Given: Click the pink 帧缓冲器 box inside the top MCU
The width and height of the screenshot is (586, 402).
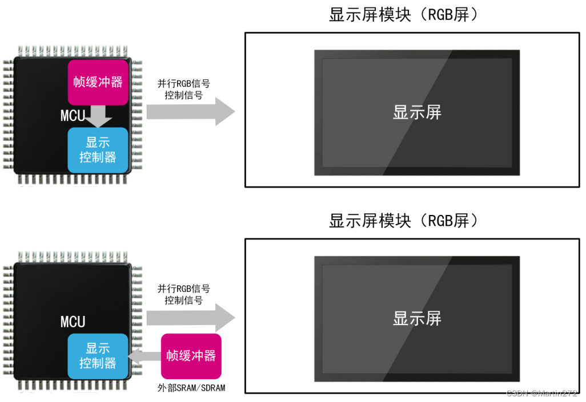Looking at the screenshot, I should [98, 82].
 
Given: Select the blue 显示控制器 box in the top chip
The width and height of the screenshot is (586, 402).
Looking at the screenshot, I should [98, 150].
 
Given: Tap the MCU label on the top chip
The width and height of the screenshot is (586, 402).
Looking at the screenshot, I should [73, 116].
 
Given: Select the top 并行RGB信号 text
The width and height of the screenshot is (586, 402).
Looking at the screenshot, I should [183, 83].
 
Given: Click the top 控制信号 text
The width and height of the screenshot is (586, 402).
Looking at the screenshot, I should [183, 95].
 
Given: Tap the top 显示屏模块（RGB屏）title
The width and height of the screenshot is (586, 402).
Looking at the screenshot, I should [403, 15].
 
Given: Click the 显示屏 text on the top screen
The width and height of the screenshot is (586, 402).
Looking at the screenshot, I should [417, 112].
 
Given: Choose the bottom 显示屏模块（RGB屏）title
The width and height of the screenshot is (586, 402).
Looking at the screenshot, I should [403, 221].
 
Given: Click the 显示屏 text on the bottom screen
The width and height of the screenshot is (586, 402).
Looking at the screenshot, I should [417, 318].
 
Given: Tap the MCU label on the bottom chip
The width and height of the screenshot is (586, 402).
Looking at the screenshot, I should [73, 322].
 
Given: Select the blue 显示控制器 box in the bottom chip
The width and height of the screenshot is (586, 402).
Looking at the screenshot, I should [98, 356].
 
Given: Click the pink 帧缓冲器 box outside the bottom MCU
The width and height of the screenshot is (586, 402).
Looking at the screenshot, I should [191, 356].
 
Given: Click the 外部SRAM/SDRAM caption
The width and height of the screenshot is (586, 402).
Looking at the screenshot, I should [191, 388].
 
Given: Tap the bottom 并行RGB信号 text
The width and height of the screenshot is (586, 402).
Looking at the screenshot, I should [183, 289].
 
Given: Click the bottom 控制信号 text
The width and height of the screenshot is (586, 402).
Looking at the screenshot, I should [183, 301].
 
